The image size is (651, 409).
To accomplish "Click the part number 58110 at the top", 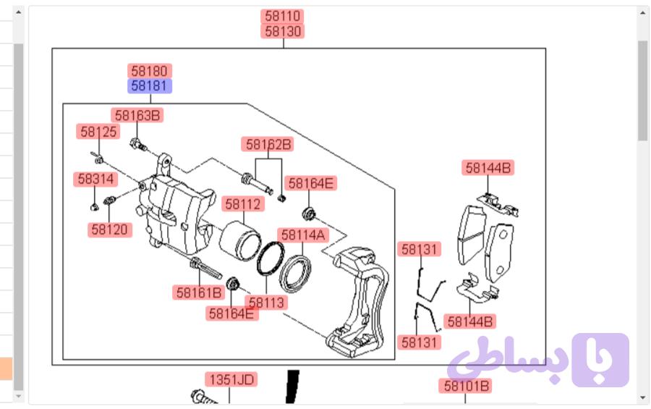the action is coord(282,16).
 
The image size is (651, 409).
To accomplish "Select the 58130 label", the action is coord(282,31).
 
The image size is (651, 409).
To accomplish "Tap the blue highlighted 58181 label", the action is coord(150,86).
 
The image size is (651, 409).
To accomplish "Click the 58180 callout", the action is coord(150,71).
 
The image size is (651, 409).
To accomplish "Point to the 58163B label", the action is coord(137,115).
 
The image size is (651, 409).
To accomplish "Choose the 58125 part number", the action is coord(98,132).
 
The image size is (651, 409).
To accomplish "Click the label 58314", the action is coord(95,179).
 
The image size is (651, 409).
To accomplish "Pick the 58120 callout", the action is coord(110,229).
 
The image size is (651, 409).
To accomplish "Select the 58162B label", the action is coord(268,144).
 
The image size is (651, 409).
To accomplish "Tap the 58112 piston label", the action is coord(243,204).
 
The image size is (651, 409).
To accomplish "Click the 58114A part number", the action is coord(303,235).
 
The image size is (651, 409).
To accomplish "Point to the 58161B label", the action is coord(198,292).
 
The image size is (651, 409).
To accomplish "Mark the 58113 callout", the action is coord(266,303).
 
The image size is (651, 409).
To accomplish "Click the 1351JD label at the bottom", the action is coord(231,379).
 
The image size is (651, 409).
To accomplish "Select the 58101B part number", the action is coord(466,386).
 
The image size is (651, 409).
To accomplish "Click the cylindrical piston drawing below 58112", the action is coord(239,241).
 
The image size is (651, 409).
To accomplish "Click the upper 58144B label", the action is coord(488,168).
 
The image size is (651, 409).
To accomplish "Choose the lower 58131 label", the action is coord(419,342).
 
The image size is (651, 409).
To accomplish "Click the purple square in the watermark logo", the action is coord(600,360).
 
